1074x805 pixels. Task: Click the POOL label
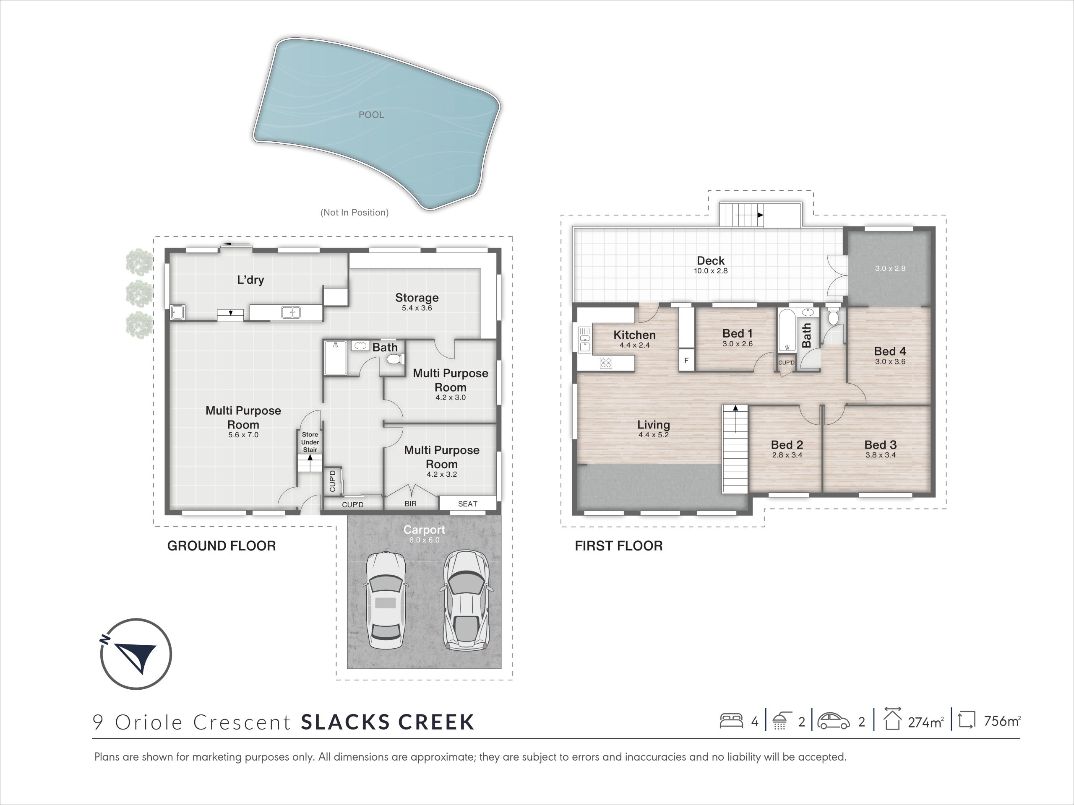click(x=371, y=115)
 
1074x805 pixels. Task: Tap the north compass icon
click(x=136, y=654)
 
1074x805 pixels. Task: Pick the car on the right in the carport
click(x=467, y=600)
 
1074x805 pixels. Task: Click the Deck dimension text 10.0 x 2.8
click(x=711, y=271)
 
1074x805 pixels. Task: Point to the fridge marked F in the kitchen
click(x=686, y=361)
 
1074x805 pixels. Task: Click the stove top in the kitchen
click(x=605, y=363)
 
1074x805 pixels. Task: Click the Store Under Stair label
click(x=310, y=442)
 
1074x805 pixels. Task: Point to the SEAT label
click(x=468, y=504)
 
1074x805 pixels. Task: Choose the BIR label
click(x=410, y=504)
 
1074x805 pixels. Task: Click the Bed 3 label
click(x=880, y=444)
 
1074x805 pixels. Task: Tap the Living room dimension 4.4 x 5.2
click(x=654, y=435)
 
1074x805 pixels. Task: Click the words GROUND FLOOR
click(x=222, y=546)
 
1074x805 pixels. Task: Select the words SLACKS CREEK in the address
click(x=388, y=722)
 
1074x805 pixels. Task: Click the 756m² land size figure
click(x=1002, y=721)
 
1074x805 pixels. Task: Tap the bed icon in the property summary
click(x=731, y=721)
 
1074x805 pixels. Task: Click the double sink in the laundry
click(x=291, y=312)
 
